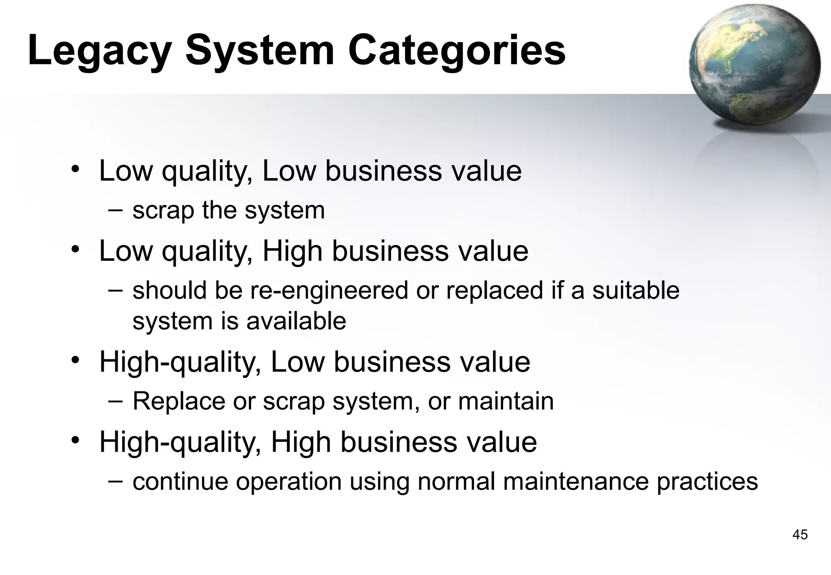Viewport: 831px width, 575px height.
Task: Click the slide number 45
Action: click(x=800, y=535)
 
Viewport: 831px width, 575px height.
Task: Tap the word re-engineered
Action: click(x=329, y=291)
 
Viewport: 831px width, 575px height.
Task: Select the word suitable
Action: click(x=635, y=291)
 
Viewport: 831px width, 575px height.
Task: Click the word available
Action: click(x=296, y=321)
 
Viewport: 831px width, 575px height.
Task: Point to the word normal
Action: click(x=456, y=482)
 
